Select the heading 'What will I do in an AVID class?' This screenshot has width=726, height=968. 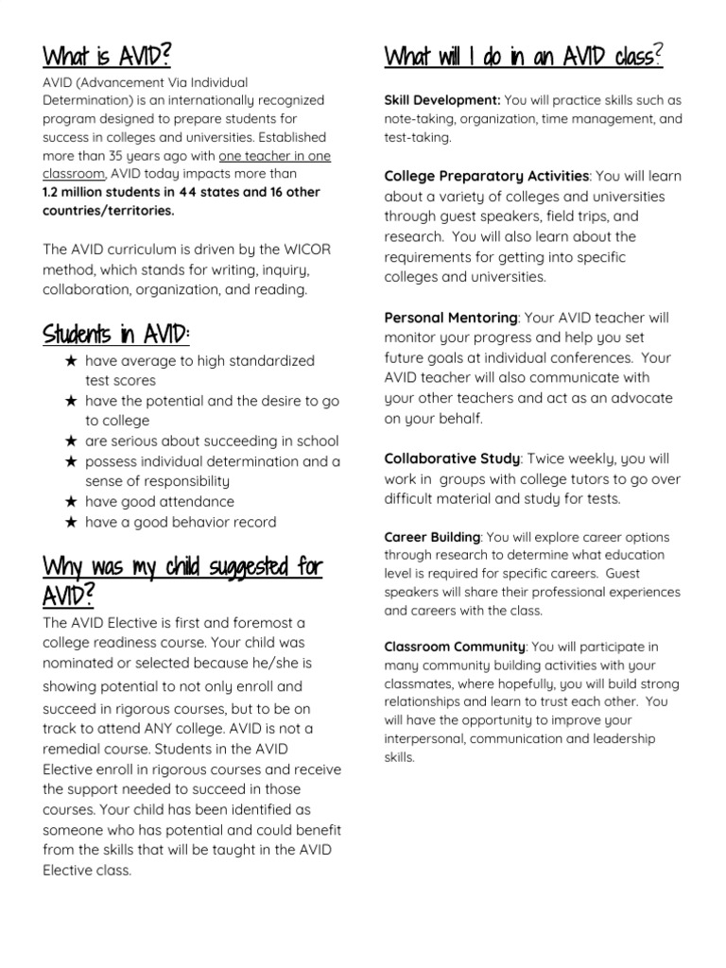coord(524,57)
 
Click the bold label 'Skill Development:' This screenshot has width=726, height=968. coord(442,100)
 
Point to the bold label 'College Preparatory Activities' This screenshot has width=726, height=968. coord(486,176)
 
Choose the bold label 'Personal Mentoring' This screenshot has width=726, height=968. coord(451,318)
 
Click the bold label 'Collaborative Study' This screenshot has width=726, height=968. coord(452,458)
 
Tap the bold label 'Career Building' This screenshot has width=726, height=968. coord(432,537)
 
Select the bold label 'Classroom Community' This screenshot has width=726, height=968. coord(455,647)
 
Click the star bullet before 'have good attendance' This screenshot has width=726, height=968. coord(71,502)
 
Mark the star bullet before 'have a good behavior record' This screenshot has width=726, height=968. coord(71,522)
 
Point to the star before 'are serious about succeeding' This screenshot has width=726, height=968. coord(71,441)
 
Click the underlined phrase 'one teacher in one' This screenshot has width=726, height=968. coord(275,156)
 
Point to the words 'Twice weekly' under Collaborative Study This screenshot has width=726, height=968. coord(566,458)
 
